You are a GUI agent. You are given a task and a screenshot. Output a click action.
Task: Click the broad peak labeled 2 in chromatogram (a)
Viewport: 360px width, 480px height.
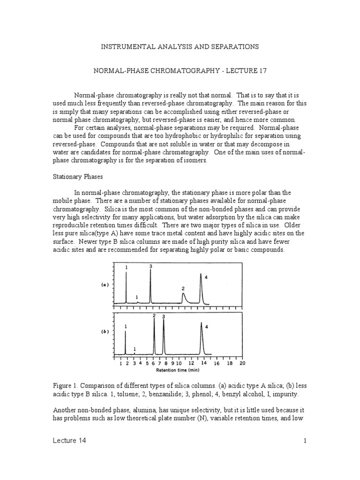[x=183, y=297]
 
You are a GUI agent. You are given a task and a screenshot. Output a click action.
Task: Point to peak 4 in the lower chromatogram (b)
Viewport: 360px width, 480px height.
[x=202, y=337]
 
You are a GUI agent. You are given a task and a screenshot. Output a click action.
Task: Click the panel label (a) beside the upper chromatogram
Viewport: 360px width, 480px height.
[x=105, y=285]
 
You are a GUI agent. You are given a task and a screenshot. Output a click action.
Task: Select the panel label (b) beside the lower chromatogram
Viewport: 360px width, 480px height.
[x=105, y=331]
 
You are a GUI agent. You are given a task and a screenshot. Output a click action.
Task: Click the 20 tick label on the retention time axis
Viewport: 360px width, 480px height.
[x=242, y=363]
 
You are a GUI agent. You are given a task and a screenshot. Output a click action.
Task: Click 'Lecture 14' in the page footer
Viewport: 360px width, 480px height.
[x=69, y=441]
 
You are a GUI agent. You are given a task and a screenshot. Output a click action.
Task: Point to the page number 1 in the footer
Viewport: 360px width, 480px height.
[x=305, y=441]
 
